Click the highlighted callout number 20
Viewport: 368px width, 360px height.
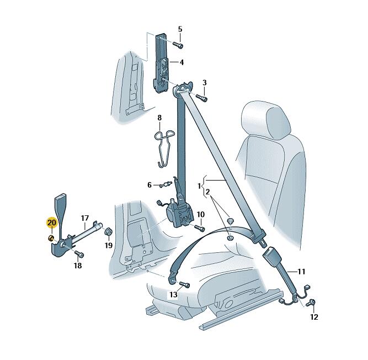52,222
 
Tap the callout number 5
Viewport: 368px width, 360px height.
180,29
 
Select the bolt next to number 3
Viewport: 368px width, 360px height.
201,98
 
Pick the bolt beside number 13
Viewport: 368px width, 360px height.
185,284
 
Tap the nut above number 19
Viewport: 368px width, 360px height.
109,231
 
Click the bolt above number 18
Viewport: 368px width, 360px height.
79,254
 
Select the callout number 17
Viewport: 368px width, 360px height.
85,218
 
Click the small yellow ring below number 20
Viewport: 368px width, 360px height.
51,239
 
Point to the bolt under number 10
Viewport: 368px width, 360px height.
200,227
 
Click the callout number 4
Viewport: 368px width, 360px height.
182,62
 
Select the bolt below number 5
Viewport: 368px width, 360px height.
178,44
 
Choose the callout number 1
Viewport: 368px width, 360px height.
199,186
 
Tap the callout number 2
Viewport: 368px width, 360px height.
207,192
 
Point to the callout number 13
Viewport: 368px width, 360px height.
173,294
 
